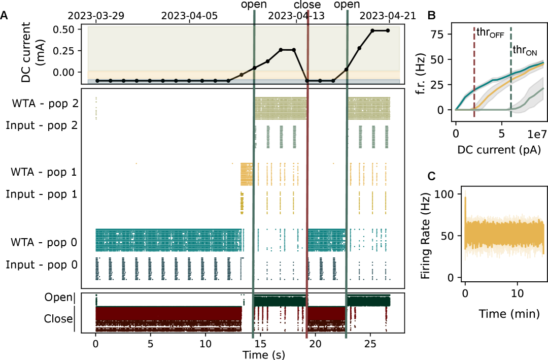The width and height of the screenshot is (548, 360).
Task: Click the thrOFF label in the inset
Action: (490, 33)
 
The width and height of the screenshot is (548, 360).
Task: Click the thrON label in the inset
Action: (525, 50)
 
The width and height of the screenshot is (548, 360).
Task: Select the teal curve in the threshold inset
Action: (487, 85)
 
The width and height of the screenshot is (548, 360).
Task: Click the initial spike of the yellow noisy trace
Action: (465, 203)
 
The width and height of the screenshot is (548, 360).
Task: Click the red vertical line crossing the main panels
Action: (307, 203)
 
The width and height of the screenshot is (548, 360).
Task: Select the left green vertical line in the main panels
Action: (254, 203)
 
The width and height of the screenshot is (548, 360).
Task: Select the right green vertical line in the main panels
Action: (347, 203)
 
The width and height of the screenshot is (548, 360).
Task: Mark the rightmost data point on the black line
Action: (388, 30)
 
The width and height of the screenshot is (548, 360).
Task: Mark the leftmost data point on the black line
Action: (97, 81)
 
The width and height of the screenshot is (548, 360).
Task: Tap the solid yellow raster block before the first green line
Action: (246, 174)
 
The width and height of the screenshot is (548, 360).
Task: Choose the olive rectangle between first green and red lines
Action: (280, 108)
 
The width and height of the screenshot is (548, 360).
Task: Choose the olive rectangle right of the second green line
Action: (369, 108)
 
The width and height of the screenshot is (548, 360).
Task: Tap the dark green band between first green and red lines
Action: (280, 301)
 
